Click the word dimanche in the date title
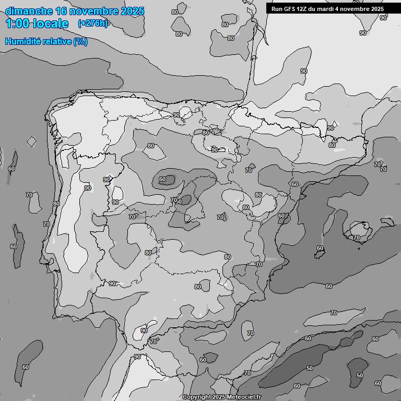click(x=28, y=11)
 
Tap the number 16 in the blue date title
click(x=62, y=11)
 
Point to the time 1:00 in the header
click(x=18, y=23)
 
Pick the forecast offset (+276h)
click(x=92, y=23)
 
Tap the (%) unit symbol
click(x=80, y=42)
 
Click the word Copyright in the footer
click(x=197, y=397)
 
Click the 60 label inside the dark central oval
click(x=162, y=180)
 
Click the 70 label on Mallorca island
click(x=357, y=238)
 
